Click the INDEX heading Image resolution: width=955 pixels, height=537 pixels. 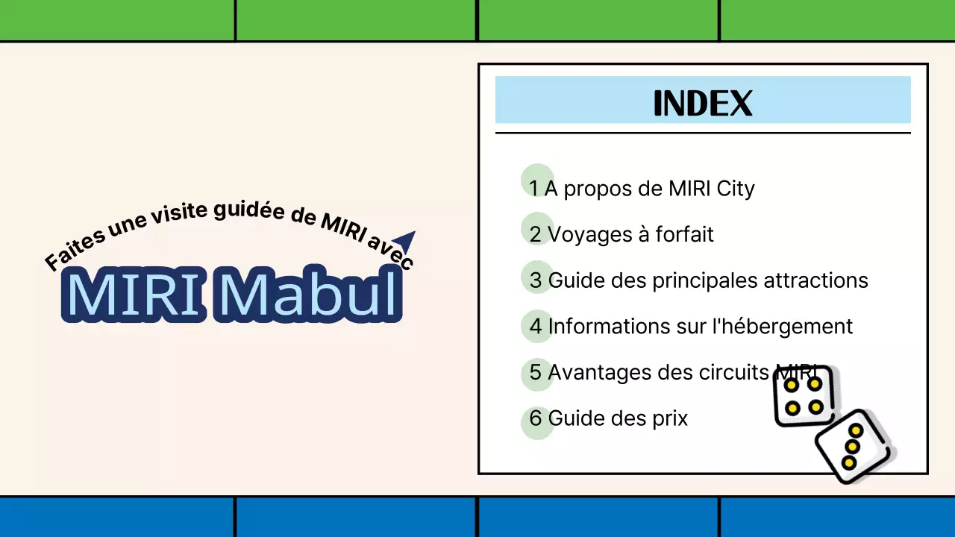[702, 104]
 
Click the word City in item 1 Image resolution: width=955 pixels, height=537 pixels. [735, 189]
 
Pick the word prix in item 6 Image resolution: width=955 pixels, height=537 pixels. [669, 419]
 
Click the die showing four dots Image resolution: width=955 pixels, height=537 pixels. [803, 395]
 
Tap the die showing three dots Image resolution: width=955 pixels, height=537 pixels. [853, 446]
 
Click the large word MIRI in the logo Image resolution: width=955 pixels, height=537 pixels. [135, 294]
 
